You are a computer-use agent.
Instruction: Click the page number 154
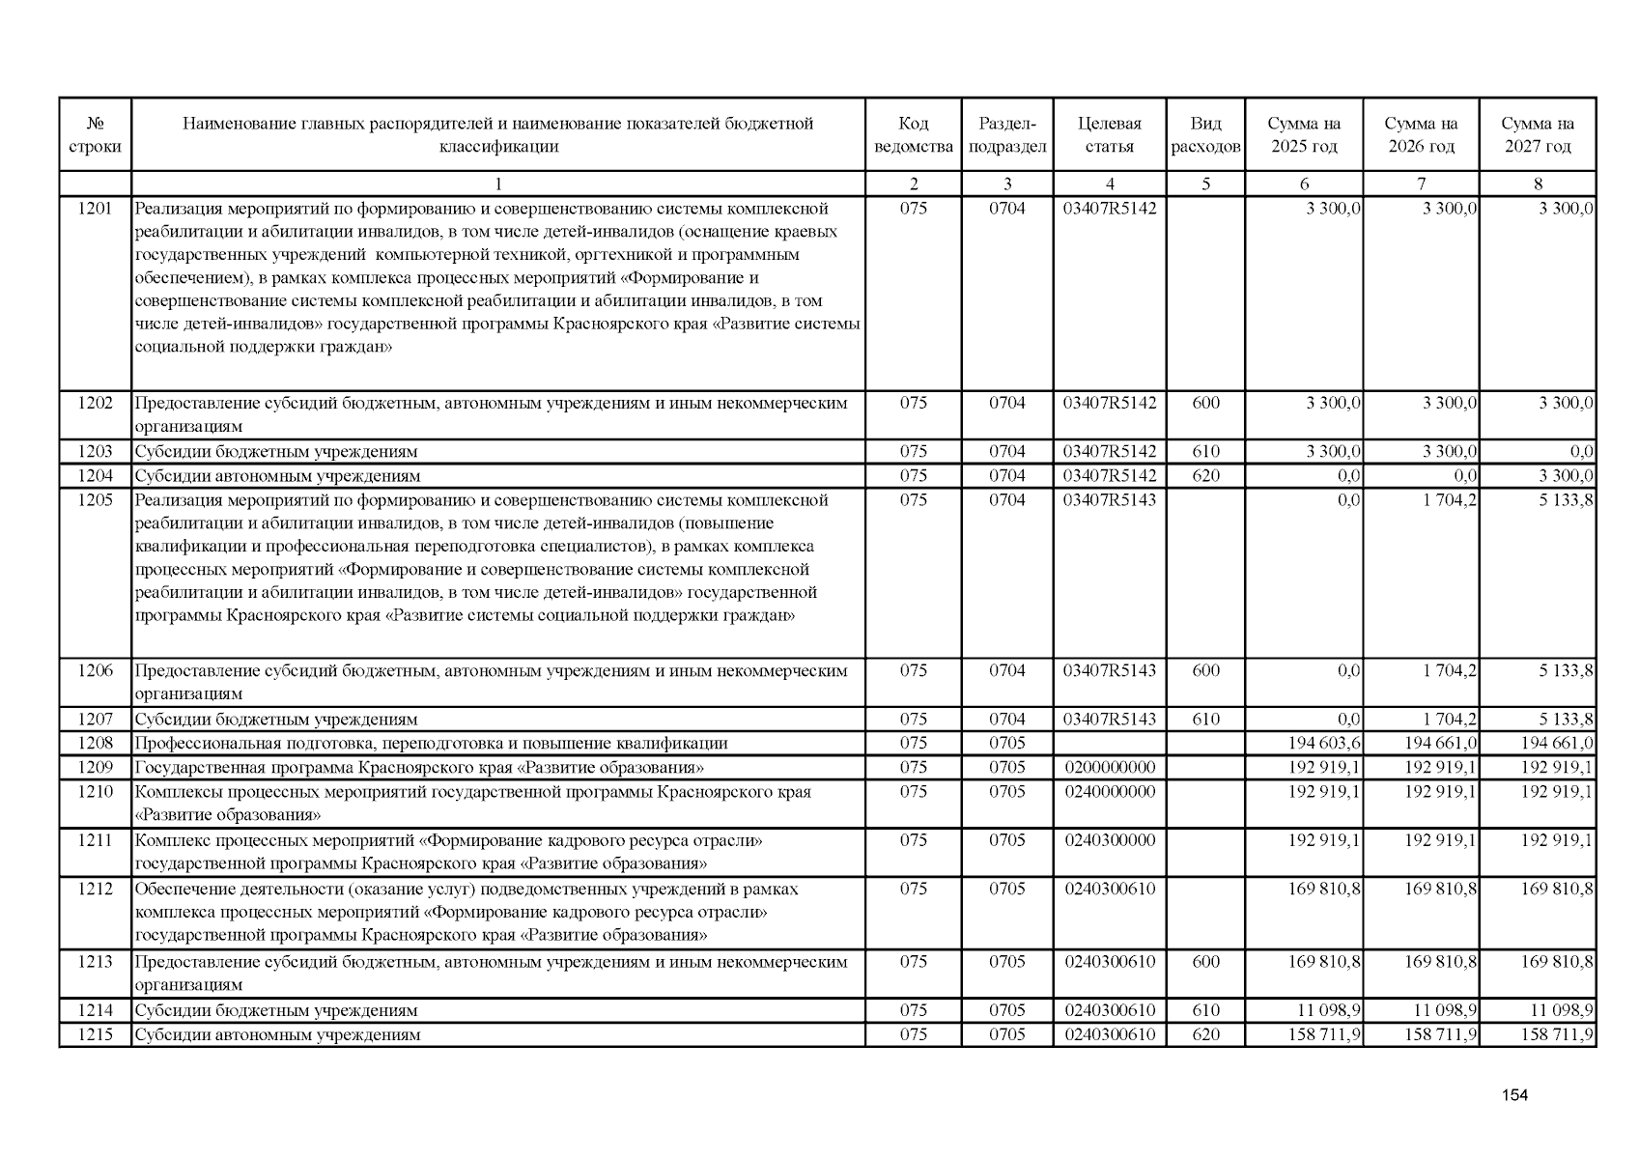point(1514,1094)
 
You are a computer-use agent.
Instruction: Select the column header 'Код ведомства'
point(913,135)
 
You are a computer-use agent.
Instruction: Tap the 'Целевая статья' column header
point(1109,135)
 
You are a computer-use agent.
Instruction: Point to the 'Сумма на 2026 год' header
point(1421,135)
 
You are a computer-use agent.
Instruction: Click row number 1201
point(95,209)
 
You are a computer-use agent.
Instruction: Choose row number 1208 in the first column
point(95,743)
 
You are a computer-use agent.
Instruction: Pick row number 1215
point(95,1034)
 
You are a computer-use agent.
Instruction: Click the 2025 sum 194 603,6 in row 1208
point(1324,743)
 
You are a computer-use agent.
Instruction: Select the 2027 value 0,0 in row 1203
point(1581,451)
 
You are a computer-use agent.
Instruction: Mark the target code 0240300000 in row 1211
point(1109,840)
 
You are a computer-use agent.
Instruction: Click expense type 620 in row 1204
point(1205,475)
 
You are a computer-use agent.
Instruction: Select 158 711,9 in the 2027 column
point(1557,1034)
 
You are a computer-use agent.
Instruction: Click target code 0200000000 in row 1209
point(1109,767)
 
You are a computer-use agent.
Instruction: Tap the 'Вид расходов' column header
point(1205,135)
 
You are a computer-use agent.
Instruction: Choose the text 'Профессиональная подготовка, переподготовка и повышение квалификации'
point(431,743)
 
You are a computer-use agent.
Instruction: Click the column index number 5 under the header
point(1205,184)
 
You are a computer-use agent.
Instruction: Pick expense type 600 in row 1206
point(1205,670)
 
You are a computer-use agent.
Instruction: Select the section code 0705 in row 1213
point(1006,962)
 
